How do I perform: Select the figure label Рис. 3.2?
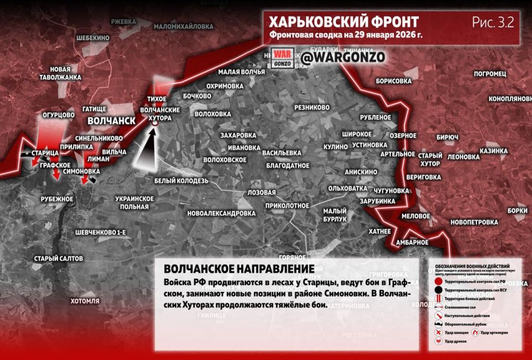coord(493,23)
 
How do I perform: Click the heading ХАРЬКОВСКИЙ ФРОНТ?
coord(344,22)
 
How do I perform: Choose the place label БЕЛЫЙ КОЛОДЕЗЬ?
coord(181,181)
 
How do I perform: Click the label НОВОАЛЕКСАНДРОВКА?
coord(222,213)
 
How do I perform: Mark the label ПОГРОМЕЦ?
coord(490,74)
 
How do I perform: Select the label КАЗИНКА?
coord(493,151)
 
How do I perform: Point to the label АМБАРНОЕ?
coord(412,242)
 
